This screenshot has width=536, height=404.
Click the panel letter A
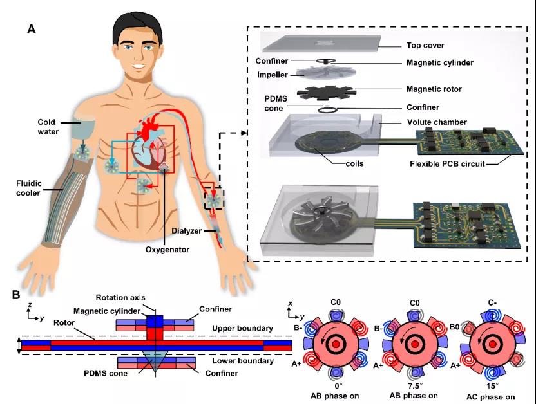(x=31, y=29)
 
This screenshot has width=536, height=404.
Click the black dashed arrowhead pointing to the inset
(x=244, y=133)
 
